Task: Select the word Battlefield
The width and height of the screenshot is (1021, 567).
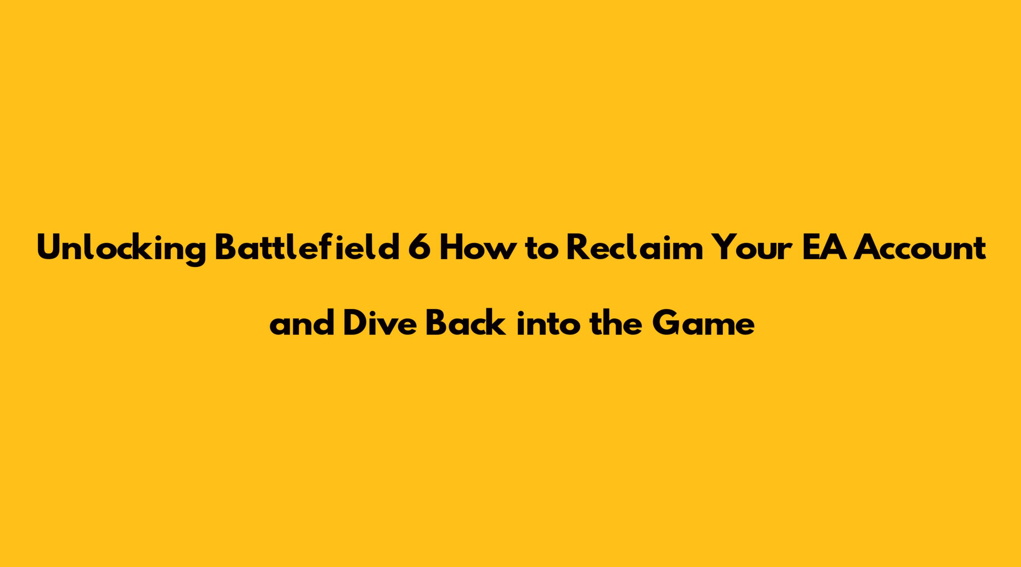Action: click(307, 248)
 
